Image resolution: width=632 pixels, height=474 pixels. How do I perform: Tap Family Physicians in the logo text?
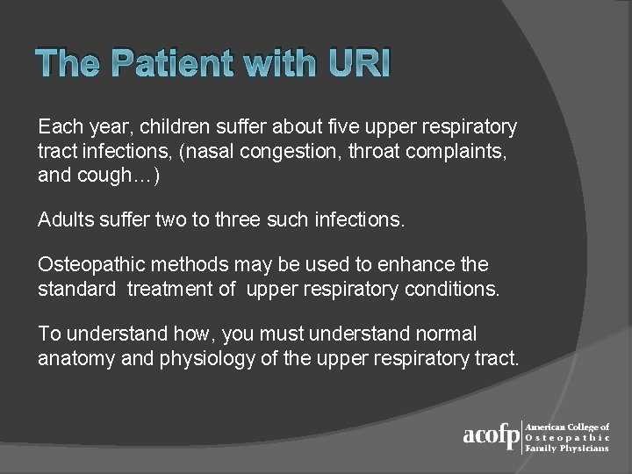click(x=567, y=449)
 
